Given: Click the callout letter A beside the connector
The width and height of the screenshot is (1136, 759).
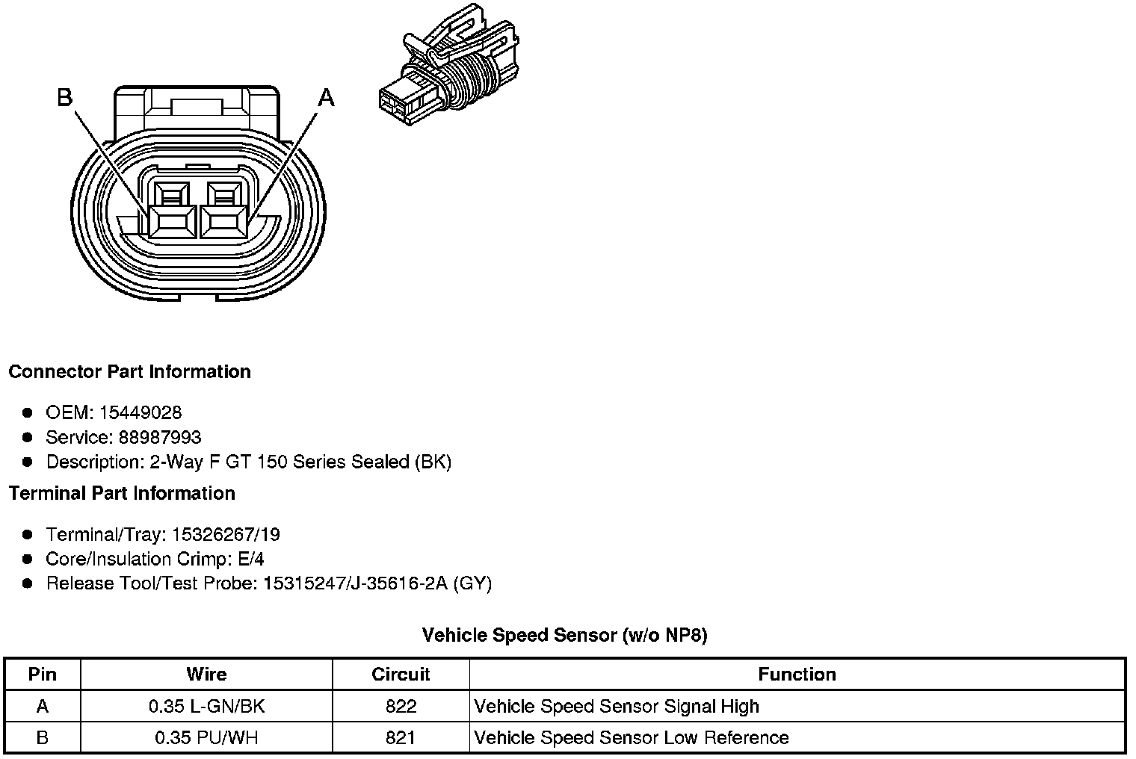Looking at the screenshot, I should coord(327,97).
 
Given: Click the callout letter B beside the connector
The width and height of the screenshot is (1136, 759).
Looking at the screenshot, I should coord(65,97).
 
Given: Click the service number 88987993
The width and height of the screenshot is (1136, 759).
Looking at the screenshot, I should coord(159,437).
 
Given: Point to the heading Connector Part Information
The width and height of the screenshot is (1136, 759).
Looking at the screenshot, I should coord(129,372).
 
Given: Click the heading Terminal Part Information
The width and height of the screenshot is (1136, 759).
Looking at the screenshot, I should coord(122,494).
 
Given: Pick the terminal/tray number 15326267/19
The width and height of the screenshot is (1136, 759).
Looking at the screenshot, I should coord(226,534).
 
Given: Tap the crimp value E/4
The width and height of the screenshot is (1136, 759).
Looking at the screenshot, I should coord(248,559).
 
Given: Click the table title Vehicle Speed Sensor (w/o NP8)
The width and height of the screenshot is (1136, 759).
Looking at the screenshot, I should coord(564,636).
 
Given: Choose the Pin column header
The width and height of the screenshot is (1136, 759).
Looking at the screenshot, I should coord(42,675).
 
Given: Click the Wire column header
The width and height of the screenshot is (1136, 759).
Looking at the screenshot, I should coord(206,675).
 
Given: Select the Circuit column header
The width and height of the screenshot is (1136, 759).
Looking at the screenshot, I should coord(401,675).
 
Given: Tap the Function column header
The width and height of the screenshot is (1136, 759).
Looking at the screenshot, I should coord(797,675).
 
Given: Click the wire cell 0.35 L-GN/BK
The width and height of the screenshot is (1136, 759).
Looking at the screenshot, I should coord(206,707).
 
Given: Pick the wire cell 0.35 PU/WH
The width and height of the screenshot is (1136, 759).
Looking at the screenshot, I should coord(206,738).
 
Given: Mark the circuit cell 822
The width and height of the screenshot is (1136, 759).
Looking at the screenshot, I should coord(401,707).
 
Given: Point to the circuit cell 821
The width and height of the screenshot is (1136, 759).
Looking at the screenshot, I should coord(401,738).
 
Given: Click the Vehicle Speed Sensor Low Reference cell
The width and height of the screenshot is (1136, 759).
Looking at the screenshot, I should coord(632,738).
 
